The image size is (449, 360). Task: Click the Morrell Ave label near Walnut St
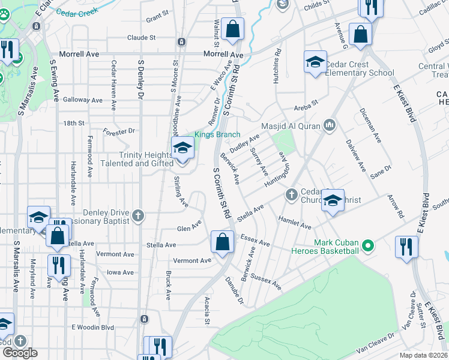tap(223, 54)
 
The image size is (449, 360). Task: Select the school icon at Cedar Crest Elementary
tap(315, 62)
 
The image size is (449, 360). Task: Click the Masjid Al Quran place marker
tap(329, 125)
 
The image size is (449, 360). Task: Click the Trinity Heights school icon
tap(182, 148)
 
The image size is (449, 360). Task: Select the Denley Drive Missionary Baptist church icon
tap(139, 215)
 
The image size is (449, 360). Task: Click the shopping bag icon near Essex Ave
tap(222, 243)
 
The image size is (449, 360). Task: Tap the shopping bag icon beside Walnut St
tap(232, 28)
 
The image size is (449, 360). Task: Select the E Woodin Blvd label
tap(93, 327)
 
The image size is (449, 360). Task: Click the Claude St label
tap(141, 37)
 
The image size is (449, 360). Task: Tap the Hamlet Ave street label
tap(294, 223)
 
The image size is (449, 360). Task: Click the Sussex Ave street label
tap(268, 282)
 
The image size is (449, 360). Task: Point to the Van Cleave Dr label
tap(375, 343)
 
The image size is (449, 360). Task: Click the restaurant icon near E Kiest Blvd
tap(406, 247)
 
